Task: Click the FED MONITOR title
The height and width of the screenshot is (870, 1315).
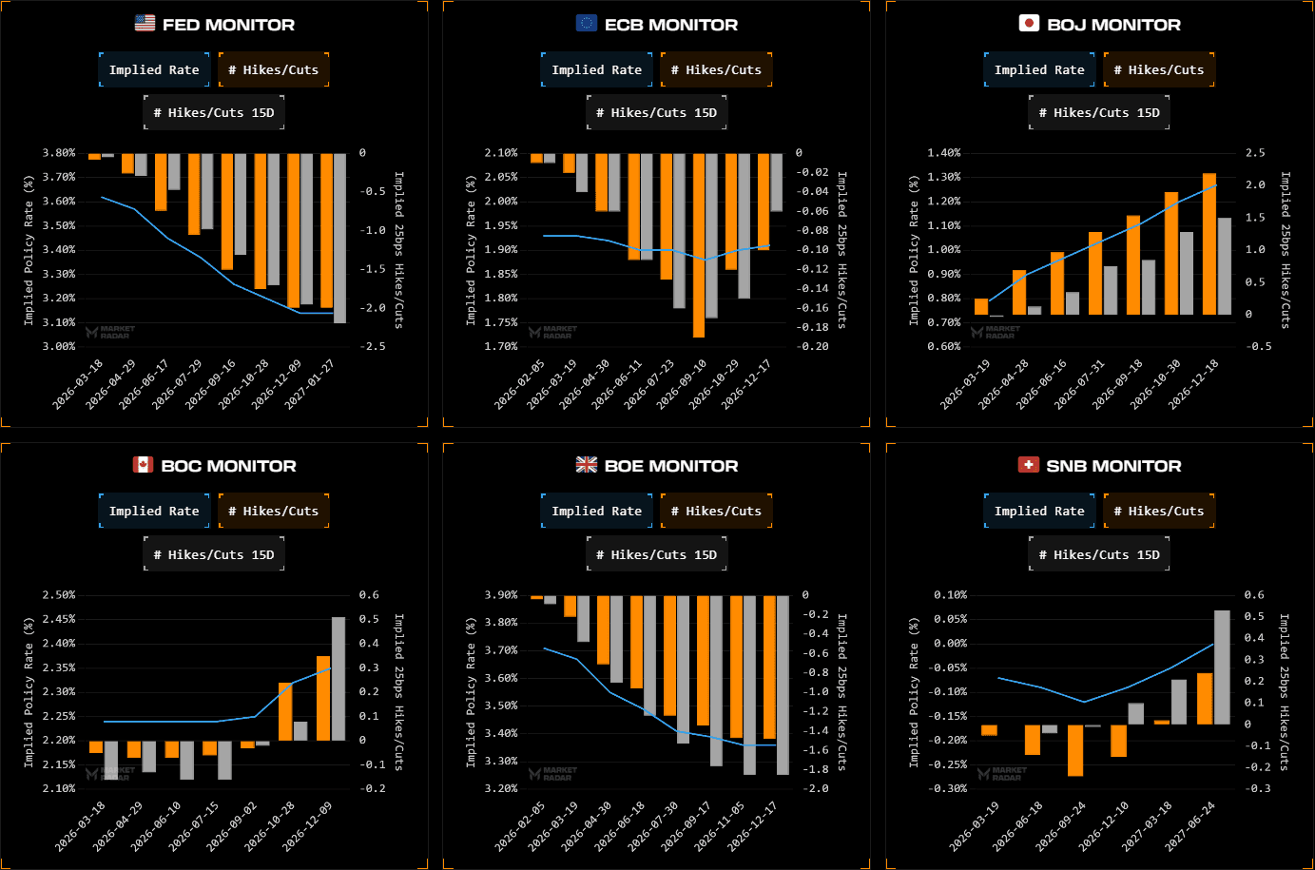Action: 228,25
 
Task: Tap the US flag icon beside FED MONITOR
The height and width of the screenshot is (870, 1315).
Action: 145,24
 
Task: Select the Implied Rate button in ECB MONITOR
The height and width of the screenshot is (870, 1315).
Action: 596,69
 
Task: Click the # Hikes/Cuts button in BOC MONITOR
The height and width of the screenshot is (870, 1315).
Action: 273,512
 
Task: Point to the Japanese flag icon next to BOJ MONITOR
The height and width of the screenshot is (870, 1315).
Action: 1029,24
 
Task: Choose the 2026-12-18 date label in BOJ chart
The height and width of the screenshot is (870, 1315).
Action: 1194,383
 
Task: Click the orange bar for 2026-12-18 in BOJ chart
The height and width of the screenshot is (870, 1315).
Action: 1209,243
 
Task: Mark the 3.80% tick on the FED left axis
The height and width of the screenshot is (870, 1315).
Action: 59,153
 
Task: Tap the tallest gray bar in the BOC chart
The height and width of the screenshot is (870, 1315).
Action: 338,678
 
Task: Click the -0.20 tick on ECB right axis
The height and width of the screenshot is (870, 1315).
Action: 813,347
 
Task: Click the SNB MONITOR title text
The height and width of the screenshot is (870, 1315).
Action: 1113,466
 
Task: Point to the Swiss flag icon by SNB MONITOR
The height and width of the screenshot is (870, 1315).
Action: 1028,465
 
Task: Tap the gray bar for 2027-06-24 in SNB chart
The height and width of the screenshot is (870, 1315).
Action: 1222,667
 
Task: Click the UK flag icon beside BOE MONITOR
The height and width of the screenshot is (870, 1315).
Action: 587,465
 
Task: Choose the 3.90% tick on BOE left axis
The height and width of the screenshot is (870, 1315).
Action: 501,595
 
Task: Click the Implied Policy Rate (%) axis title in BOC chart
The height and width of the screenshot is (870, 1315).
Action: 29,691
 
